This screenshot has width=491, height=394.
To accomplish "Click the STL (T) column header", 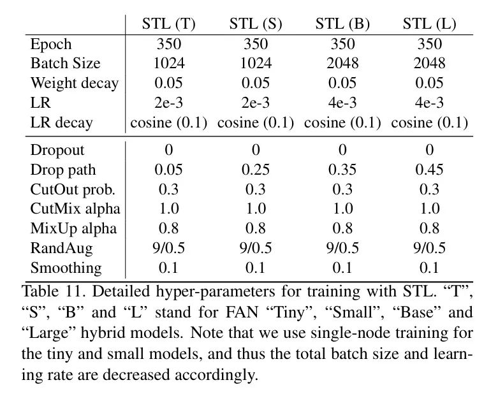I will (168, 24).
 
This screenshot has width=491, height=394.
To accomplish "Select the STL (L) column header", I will (429, 24).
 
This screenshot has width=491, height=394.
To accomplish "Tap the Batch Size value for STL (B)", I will (342, 63).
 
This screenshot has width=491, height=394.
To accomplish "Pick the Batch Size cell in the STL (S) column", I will (256, 63).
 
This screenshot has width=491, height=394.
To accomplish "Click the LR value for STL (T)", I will (168, 102).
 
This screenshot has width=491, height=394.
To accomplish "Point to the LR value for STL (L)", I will (429, 102).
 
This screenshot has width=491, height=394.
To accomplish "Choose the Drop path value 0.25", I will (256, 170).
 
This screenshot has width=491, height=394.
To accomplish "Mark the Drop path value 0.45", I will (429, 170).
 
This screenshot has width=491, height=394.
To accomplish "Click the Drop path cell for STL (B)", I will (342, 170).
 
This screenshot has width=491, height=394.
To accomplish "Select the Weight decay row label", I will (74, 83).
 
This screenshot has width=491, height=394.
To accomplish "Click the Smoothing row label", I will (66, 267).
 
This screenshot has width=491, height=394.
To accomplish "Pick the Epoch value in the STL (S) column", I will (256, 44).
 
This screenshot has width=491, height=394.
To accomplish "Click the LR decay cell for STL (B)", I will (342, 122).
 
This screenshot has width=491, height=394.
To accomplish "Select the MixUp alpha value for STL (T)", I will (168, 228).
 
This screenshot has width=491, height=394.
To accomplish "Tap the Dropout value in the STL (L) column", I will (429, 150).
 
